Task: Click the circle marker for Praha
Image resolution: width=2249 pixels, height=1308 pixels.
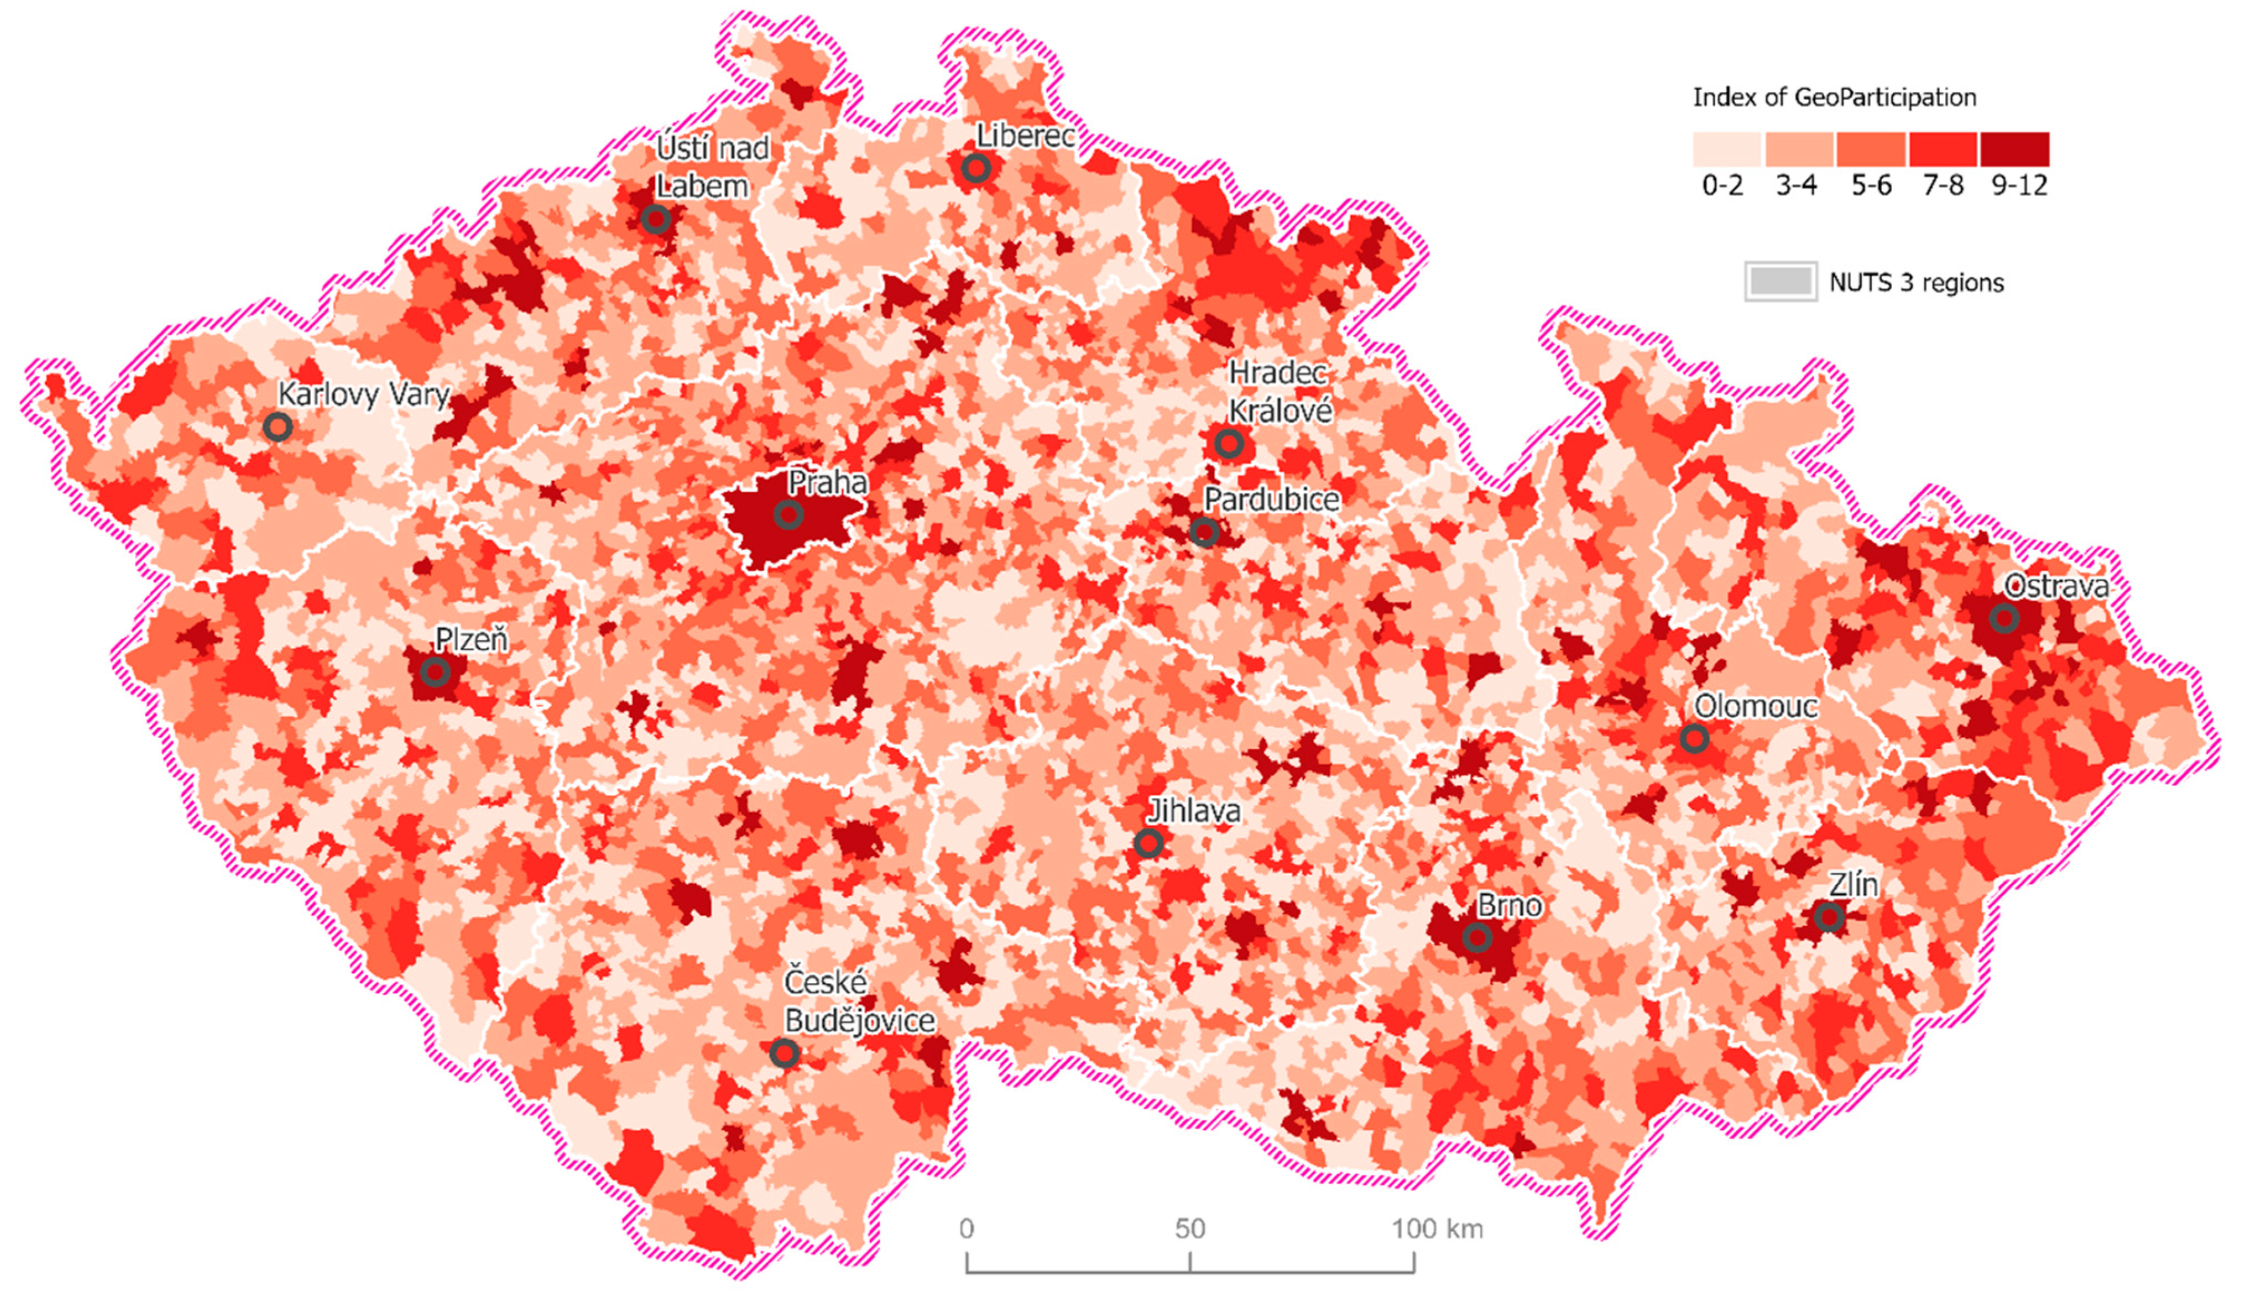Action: tap(788, 515)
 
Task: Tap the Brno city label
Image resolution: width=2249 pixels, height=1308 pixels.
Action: tap(1509, 906)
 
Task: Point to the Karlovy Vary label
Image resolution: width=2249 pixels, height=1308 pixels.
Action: tap(363, 394)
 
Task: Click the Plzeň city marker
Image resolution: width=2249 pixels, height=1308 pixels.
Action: tap(435, 672)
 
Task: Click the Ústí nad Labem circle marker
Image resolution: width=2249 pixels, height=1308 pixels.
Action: tap(656, 218)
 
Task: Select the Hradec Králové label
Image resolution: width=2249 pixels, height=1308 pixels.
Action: tap(1279, 392)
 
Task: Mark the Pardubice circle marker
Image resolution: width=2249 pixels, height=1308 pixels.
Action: tap(1204, 532)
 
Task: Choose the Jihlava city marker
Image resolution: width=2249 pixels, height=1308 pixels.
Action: tap(1149, 842)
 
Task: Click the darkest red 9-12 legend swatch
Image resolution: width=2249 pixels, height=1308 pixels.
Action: tap(2014, 149)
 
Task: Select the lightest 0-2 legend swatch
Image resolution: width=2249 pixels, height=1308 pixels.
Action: tap(1726, 149)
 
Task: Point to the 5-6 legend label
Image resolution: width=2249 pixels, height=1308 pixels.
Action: tap(1870, 186)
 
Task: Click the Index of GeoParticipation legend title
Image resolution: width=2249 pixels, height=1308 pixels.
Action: tap(1834, 97)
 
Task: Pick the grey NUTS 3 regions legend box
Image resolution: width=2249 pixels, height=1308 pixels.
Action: tap(1780, 282)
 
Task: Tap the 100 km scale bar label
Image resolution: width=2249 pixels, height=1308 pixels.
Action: tap(1437, 1230)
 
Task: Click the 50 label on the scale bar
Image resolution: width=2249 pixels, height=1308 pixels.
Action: tap(1190, 1230)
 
